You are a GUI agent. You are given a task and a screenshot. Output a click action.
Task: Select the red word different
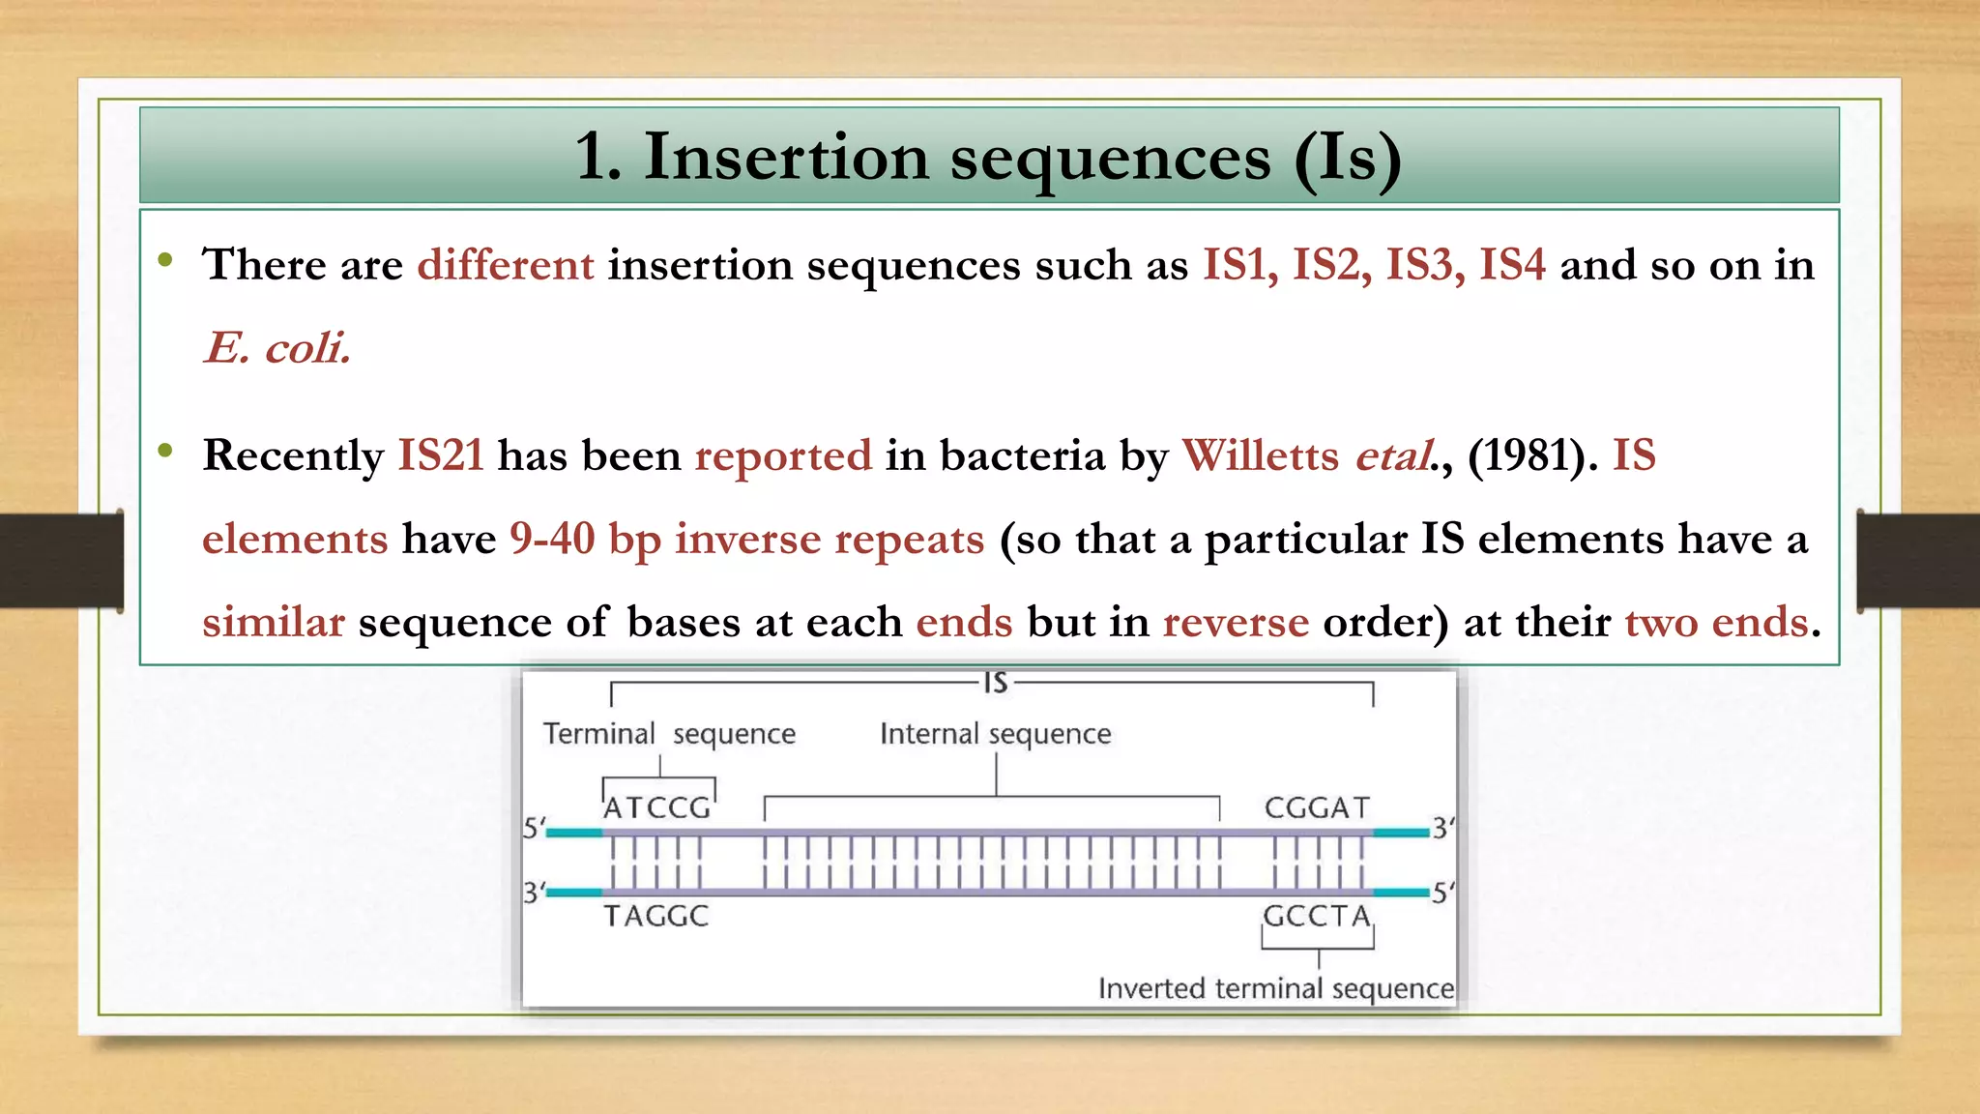[x=505, y=265]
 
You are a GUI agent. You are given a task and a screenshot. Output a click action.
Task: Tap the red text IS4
[x=1512, y=265]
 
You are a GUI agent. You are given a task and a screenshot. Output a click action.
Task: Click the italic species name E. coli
[x=277, y=348]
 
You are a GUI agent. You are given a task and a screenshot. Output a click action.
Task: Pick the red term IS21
[x=441, y=454]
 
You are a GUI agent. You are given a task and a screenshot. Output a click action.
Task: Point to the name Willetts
[x=1260, y=454]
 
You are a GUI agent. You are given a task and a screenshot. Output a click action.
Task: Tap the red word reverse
[x=1236, y=622]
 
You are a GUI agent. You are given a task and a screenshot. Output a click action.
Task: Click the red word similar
[x=273, y=622]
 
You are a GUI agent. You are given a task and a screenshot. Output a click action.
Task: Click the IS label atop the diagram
[x=996, y=684]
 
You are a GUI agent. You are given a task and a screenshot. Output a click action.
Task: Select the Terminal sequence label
[x=669, y=734]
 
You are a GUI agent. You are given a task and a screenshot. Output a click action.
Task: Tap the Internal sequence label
[x=995, y=734]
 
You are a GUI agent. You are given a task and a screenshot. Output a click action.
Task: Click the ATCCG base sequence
[x=656, y=807]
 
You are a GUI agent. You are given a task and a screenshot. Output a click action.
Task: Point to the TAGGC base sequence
[x=656, y=916]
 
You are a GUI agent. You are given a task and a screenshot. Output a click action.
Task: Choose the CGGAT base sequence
[x=1317, y=807]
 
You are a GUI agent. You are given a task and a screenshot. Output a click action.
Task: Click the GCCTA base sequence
[x=1317, y=916]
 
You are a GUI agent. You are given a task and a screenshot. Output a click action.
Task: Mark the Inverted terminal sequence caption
[x=1275, y=988]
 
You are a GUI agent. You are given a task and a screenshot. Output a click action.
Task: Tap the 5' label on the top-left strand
[x=533, y=829]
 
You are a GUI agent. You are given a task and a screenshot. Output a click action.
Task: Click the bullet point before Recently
[x=165, y=451]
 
